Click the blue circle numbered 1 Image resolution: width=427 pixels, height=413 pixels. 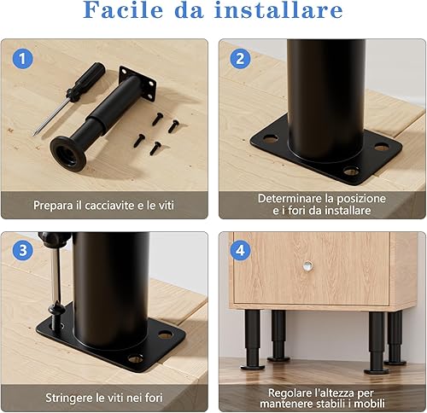click(22, 59)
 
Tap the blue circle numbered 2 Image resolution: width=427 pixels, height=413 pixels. click(241, 59)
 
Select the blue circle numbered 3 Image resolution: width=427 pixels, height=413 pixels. click(22, 250)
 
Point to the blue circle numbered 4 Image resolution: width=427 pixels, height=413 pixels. click(241, 250)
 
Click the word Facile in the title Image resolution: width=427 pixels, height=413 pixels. click(123, 10)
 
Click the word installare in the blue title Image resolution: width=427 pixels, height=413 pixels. click(279, 10)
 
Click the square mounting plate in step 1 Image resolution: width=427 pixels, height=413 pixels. click(137, 84)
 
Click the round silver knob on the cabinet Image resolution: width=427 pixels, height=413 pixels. click(307, 266)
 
